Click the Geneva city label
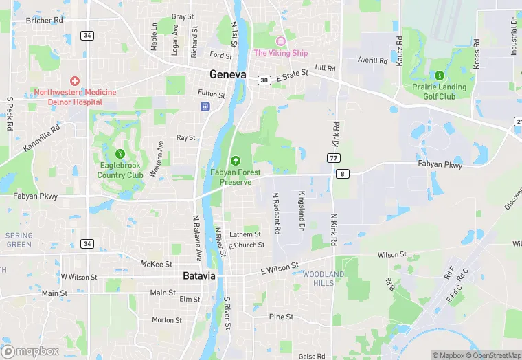point(227,74)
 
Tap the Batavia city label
point(199,275)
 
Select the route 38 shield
point(264,80)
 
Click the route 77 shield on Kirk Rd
point(334,157)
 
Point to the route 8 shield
point(341,174)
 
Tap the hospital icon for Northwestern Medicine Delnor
point(75,81)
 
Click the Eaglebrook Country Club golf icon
point(120,153)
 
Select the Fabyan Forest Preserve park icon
point(236,160)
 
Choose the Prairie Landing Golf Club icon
point(439,75)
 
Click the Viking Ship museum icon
point(280,42)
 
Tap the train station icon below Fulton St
point(205,106)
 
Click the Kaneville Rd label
point(41,137)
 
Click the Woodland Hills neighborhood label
point(324,278)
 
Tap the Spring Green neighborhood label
point(19,240)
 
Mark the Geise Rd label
point(312,357)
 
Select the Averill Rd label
point(373,60)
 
